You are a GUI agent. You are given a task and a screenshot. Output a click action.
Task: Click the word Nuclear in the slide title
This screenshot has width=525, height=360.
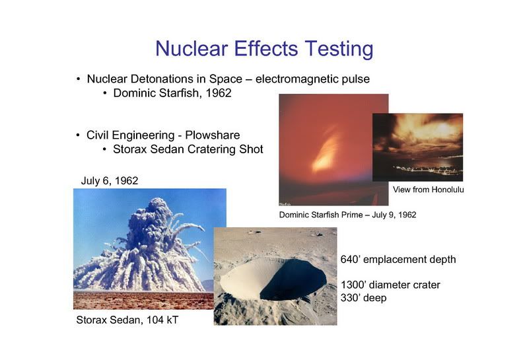tap(192, 49)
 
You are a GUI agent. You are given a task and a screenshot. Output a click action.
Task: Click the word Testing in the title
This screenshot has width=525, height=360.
tap(339, 50)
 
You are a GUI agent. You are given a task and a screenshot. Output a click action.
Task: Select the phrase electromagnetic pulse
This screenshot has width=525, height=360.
tap(312, 79)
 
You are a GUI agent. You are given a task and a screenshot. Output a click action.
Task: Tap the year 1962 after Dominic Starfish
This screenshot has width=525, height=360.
tap(219, 93)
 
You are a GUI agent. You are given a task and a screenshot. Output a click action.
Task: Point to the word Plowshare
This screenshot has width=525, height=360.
tap(212, 135)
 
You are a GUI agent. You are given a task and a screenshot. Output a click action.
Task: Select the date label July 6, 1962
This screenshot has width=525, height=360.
tap(110, 181)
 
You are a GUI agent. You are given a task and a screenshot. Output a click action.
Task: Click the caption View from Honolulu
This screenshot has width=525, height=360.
tap(428, 190)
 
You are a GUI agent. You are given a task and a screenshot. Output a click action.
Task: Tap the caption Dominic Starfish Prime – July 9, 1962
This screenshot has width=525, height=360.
tap(347, 215)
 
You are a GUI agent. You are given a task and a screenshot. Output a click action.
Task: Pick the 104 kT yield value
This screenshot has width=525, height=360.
tap(162, 320)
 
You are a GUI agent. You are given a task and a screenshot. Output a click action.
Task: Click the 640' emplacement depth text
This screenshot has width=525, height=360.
tap(398, 260)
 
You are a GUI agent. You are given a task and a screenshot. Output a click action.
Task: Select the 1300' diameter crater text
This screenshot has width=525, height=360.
tap(390, 285)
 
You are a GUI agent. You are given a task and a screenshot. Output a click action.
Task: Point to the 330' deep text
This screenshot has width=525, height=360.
tap(363, 298)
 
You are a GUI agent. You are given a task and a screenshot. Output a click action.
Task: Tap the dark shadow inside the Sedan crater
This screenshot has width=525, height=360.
tap(293, 279)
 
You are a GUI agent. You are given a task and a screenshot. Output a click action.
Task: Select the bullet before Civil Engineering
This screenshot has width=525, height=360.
tap(78, 135)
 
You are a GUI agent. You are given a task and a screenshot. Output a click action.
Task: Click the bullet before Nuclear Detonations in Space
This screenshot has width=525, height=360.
tap(78, 79)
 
